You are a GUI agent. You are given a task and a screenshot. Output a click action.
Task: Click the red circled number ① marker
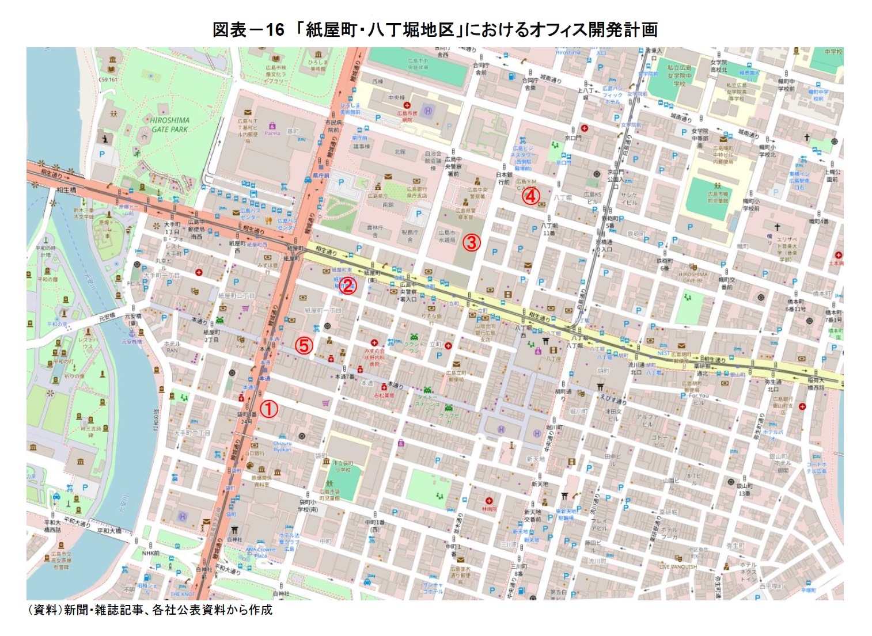(269, 409)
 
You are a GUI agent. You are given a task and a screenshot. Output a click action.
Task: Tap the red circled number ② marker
(347, 285)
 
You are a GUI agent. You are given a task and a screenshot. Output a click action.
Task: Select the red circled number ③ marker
(471, 242)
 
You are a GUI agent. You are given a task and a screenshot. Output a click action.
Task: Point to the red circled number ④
(530, 196)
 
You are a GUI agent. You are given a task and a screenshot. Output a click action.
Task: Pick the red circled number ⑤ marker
(304, 345)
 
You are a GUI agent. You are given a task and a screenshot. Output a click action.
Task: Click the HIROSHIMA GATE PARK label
(169, 125)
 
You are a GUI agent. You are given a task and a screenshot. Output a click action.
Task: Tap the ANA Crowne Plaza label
(260, 553)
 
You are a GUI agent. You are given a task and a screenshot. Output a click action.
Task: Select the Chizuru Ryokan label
(282, 446)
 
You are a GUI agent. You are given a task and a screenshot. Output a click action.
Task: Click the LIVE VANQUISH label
(678, 567)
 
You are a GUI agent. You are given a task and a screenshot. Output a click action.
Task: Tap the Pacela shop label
(272, 133)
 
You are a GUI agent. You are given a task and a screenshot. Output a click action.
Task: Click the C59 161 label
(108, 79)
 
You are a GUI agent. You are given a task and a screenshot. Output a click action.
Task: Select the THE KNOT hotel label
(183, 594)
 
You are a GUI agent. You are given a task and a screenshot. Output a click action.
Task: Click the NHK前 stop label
(151, 553)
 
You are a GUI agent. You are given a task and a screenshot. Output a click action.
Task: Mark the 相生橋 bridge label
(66, 190)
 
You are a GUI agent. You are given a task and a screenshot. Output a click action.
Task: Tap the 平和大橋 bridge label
(109, 531)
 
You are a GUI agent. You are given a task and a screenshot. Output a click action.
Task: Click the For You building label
(699, 395)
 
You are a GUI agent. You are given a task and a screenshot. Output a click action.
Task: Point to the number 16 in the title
(274, 30)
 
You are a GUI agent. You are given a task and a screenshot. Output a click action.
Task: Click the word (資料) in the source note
(44, 610)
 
